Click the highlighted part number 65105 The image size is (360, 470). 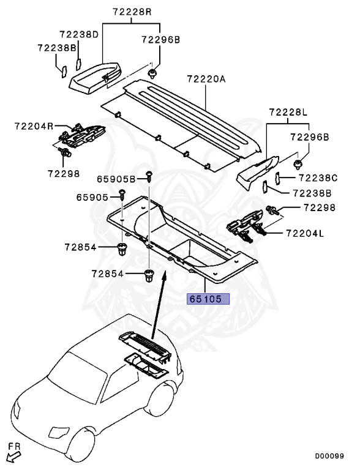[x=208, y=299]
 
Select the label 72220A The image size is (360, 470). [x=206, y=79]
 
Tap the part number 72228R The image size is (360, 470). [x=132, y=12]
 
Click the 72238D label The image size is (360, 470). [x=79, y=35]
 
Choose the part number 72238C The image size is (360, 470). [x=318, y=178]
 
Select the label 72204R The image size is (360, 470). [x=34, y=126]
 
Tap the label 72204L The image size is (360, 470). [x=304, y=233]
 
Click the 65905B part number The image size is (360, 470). [x=116, y=179]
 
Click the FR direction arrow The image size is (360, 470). [x=12, y=454]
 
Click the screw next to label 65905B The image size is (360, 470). [x=148, y=177]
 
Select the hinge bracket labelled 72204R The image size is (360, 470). [x=82, y=135]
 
